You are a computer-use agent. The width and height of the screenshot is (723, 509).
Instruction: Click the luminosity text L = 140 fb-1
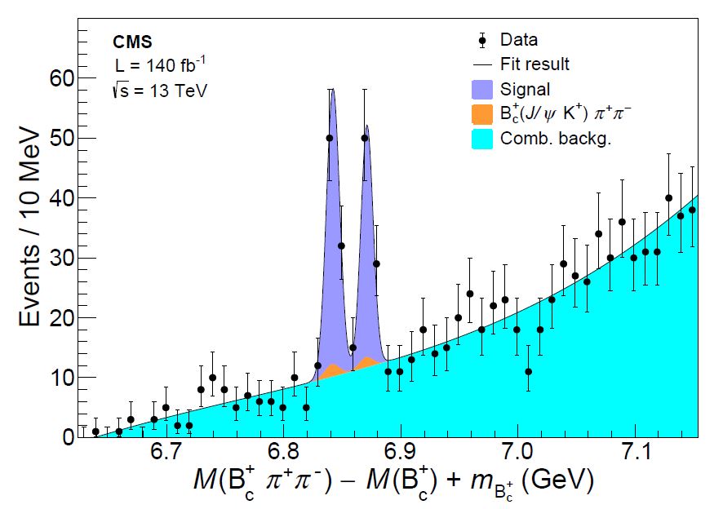tap(161, 65)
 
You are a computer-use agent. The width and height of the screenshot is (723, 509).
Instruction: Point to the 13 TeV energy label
tap(161, 90)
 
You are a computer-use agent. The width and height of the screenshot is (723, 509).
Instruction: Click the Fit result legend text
tap(534, 64)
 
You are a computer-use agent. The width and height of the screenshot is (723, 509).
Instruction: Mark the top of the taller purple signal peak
tap(332, 89)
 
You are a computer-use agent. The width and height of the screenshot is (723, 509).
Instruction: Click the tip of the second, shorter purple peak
tap(367, 126)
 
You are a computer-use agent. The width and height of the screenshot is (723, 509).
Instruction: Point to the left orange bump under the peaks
tap(332, 371)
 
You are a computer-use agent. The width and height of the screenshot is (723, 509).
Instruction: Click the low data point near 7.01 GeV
tap(529, 371)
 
